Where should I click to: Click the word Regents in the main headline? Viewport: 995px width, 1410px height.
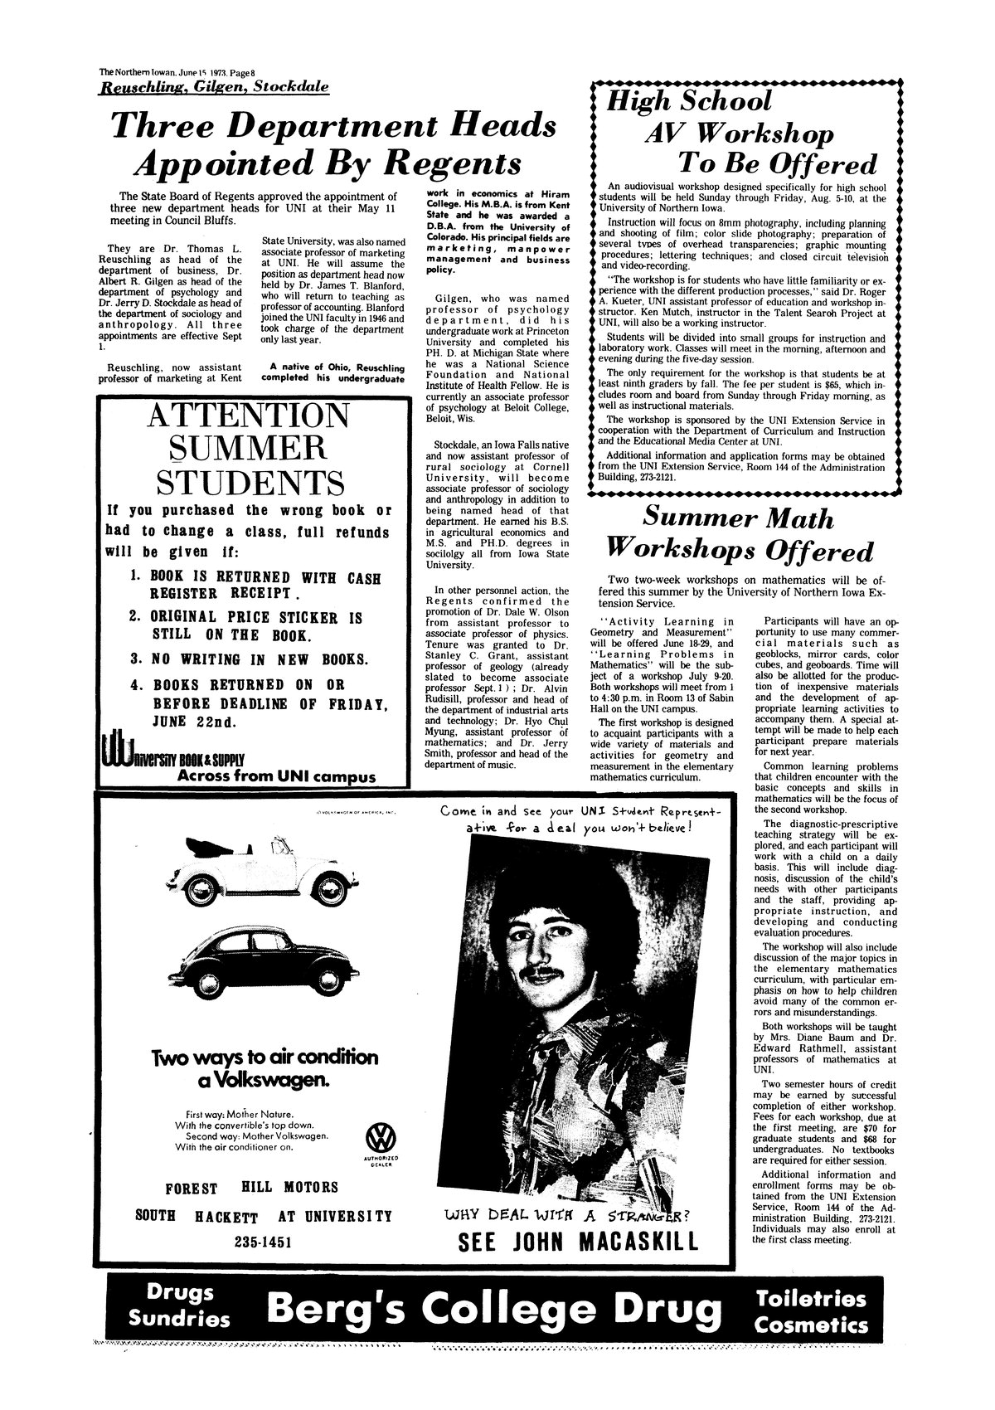pos(448,163)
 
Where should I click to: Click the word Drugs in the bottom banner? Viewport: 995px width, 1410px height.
pos(180,1292)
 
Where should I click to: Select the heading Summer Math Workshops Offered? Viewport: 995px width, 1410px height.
pos(737,536)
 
